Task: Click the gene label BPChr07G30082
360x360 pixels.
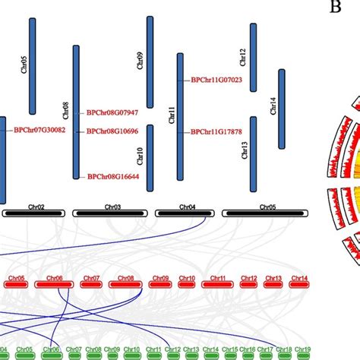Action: point(39,130)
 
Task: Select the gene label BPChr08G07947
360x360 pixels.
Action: point(112,112)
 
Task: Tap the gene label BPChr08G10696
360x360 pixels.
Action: point(112,131)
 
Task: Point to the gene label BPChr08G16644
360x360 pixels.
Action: point(112,176)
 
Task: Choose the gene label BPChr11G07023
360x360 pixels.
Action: point(216,79)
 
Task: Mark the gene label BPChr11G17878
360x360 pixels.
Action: point(216,131)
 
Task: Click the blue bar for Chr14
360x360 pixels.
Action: point(283,99)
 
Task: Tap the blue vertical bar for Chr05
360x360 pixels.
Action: point(33,66)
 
